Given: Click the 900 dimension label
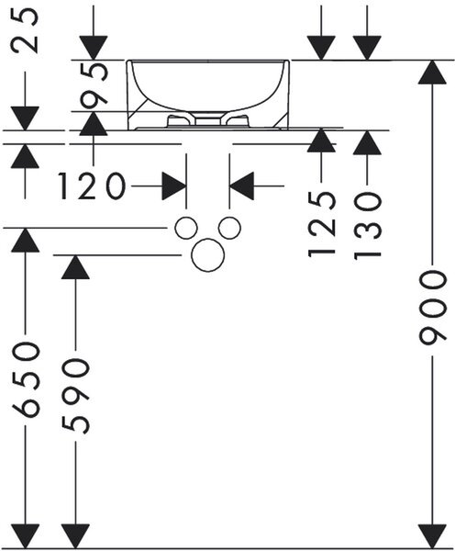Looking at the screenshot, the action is pos(433,308).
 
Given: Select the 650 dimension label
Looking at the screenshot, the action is pos(26,380).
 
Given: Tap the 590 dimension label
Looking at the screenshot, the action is pos(75,396).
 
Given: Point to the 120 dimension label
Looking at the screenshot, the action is pos(92,186).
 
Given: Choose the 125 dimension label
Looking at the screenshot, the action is pos(322,224).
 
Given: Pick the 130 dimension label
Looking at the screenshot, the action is pos(367,225).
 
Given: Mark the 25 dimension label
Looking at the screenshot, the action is pos(25,30).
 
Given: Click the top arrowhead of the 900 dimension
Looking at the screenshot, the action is pos(433,72).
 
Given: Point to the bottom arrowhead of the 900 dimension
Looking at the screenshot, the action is pos(433,535).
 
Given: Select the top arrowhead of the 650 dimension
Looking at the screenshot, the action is pos(26,240).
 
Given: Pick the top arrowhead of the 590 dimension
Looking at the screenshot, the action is pos(75,267).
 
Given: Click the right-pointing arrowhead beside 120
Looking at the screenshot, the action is pos(174,186).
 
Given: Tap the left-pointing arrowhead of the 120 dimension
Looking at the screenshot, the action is pos(241,186).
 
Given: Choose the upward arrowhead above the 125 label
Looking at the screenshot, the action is pos(321,141).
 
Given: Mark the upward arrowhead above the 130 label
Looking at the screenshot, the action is pos(367,142).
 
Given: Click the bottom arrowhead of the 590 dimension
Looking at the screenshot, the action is pos(75,535).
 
